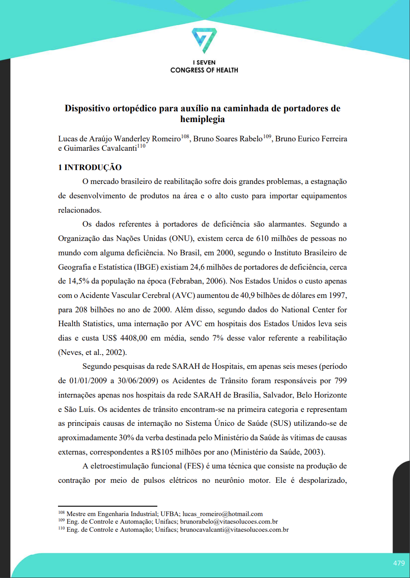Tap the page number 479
click(x=399, y=563)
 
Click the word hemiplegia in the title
click(x=202, y=119)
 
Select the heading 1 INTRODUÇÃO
click(x=90, y=168)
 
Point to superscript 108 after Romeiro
click(x=185, y=136)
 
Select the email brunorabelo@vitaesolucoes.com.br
click(x=229, y=522)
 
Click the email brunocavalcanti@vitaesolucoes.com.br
click(x=234, y=530)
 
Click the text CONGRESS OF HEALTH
click(x=204, y=70)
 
